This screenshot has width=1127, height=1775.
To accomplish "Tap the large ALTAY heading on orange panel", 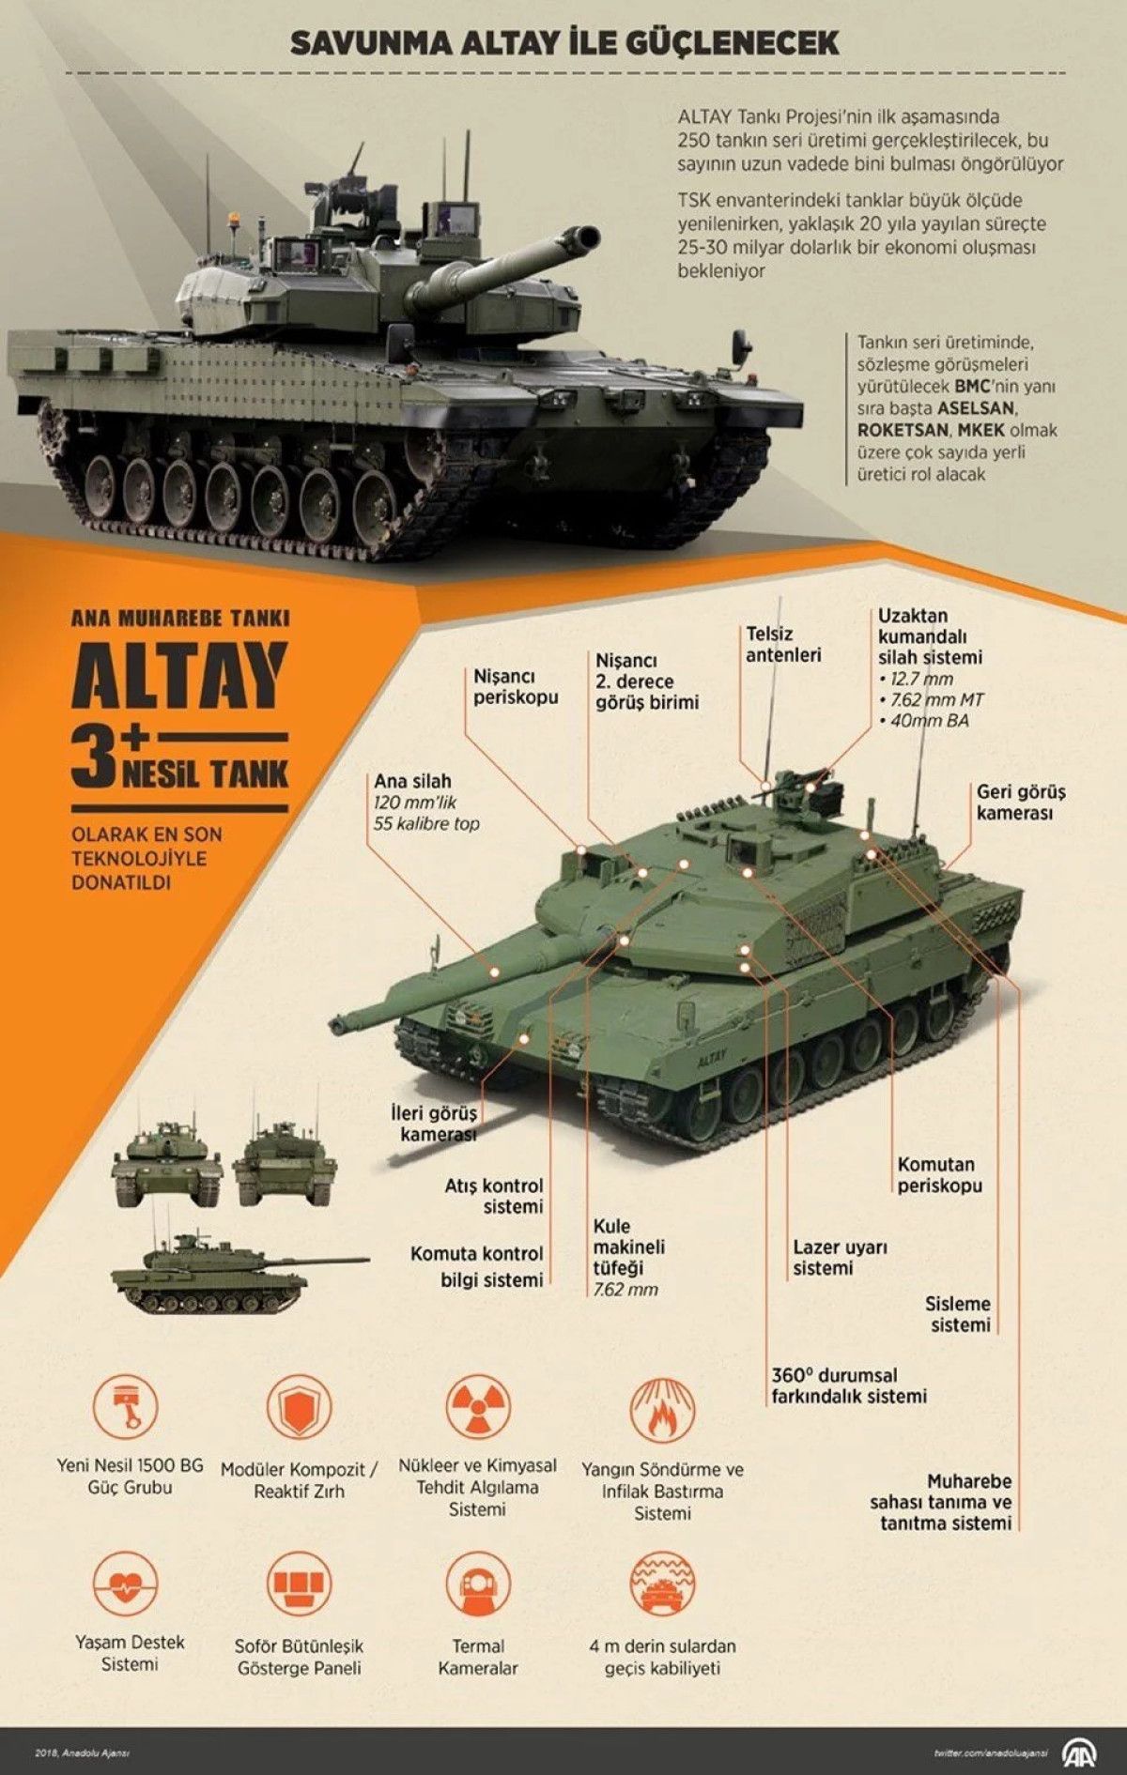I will (x=179, y=676).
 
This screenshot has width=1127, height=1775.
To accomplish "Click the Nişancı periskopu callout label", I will (x=515, y=686).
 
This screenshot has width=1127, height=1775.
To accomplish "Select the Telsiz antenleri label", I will (x=782, y=644).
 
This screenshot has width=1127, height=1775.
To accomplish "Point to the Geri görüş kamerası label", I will (x=1020, y=803).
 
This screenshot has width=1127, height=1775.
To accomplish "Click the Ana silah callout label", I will (x=412, y=781).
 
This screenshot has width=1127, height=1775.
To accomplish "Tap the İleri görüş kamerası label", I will (x=434, y=1123).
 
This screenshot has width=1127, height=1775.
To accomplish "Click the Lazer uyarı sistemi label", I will (x=839, y=1257).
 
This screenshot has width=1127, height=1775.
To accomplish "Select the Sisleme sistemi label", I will (x=959, y=1314).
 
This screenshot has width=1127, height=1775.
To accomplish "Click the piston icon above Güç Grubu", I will (x=126, y=1407).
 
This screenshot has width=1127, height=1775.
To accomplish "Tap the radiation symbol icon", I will (x=478, y=1407).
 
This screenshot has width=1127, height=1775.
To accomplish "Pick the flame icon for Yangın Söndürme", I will (x=662, y=1409).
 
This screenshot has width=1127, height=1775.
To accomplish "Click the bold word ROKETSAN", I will (x=903, y=430).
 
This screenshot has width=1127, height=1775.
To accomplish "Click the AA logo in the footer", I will (x=1082, y=1752).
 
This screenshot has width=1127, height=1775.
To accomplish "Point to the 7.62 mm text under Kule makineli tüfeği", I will (x=625, y=1290).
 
